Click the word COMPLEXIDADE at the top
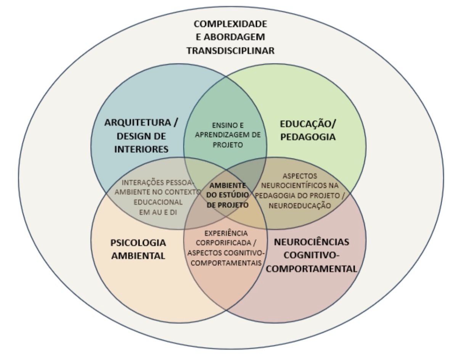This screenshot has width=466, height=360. (230, 24)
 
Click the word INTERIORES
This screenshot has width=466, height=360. (141, 149)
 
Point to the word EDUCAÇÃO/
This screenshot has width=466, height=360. (309, 124)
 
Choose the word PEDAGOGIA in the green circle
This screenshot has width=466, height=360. (308, 137)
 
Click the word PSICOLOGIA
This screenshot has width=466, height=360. (138, 243)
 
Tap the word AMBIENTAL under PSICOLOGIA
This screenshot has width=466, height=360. (138, 256)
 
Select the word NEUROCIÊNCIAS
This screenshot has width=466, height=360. (312, 242)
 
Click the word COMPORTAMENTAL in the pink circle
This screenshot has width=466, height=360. (312, 268)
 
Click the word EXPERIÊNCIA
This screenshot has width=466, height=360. (226, 233)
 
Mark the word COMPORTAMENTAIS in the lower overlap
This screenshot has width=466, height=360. (226, 263)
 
